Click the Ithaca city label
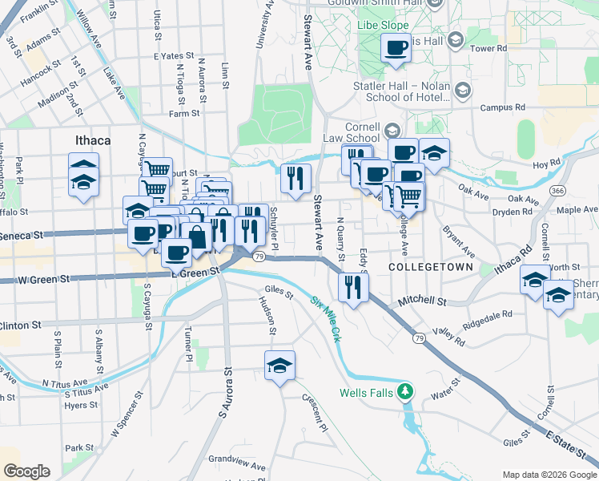click(92, 140)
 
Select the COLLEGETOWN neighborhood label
click(420, 266)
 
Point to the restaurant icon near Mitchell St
click(352, 287)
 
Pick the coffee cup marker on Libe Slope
click(396, 50)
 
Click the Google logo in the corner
click(26, 471)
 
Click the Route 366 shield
click(558, 190)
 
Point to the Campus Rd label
click(502, 107)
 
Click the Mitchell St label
click(424, 301)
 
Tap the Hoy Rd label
click(545, 164)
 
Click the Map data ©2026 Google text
click(549, 475)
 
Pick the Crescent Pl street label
click(315, 410)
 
